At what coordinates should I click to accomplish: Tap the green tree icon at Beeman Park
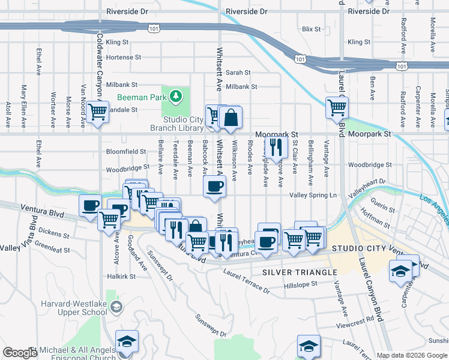coord(175,96)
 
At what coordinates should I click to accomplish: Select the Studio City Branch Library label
coord(183,124)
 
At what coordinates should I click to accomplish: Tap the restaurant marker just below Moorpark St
coord(276,148)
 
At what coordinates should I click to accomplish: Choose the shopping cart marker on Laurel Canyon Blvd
coord(337,109)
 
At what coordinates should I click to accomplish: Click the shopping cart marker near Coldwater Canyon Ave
coord(97,112)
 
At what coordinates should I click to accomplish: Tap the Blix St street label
coord(312,29)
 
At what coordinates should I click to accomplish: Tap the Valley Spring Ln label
coord(313,196)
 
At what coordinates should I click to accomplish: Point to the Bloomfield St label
coord(126,152)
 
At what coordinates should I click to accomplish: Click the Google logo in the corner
coord(20,353)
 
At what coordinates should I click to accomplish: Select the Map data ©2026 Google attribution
coord(411,355)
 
